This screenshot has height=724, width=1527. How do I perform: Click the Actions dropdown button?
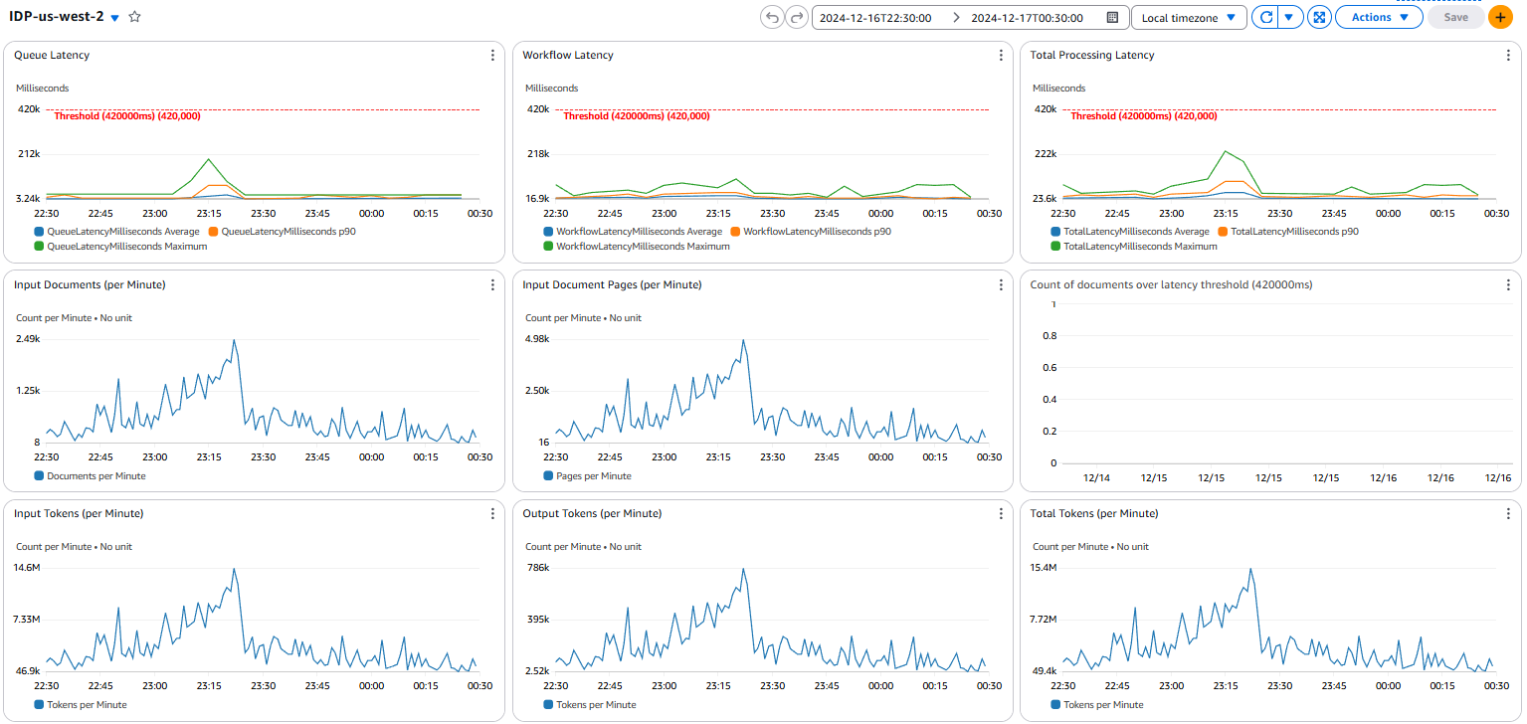(1378, 17)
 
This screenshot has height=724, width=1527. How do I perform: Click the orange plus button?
(1500, 17)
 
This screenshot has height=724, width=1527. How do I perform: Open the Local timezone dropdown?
(1189, 17)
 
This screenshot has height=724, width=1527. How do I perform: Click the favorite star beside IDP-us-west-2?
(135, 17)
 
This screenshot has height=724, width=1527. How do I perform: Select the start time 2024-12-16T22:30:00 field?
(874, 17)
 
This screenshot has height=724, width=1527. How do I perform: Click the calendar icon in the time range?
(1112, 17)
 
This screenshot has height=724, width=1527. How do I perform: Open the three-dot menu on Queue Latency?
(492, 56)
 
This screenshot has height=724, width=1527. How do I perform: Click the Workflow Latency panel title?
(567, 56)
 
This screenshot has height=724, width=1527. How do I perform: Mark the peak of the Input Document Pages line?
(742, 340)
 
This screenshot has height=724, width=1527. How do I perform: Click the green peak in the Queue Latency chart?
(208, 159)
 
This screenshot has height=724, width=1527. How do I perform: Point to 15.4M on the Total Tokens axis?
(1045, 568)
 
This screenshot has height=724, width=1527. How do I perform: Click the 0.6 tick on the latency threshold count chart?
(1048, 367)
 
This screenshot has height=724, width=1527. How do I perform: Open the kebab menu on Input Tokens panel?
(492, 514)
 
